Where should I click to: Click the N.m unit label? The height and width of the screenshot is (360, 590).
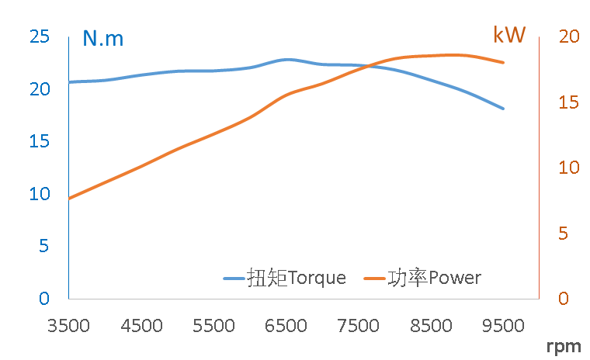pyautogui.click(x=103, y=39)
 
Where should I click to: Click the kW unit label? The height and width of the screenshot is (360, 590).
pyautogui.click(x=509, y=35)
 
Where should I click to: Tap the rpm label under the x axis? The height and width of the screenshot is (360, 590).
pyautogui.click(x=563, y=345)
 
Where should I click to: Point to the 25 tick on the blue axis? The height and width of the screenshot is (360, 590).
pyautogui.click(x=40, y=36)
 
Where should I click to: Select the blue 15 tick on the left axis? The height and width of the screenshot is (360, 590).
pyautogui.click(x=40, y=141)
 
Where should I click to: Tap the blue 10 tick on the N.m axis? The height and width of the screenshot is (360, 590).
pyautogui.click(x=40, y=194)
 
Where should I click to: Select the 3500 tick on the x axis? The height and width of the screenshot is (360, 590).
pyautogui.click(x=69, y=326)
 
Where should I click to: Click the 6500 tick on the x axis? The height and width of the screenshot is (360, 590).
pyautogui.click(x=286, y=326)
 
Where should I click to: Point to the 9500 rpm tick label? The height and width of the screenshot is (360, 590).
pyautogui.click(x=504, y=326)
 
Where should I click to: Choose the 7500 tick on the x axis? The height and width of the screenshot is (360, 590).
pyautogui.click(x=359, y=326)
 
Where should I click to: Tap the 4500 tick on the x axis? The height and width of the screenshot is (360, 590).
pyautogui.click(x=141, y=326)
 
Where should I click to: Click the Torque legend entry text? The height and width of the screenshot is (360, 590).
pyautogui.click(x=297, y=278)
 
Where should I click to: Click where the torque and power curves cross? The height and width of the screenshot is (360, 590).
pyautogui.click(x=371, y=67)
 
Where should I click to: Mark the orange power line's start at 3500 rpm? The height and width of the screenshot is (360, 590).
pyautogui.click(x=69, y=199)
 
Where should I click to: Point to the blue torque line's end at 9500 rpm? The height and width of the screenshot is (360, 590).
pyautogui.click(x=504, y=109)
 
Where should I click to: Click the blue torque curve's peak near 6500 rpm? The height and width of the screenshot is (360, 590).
pyautogui.click(x=287, y=59)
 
